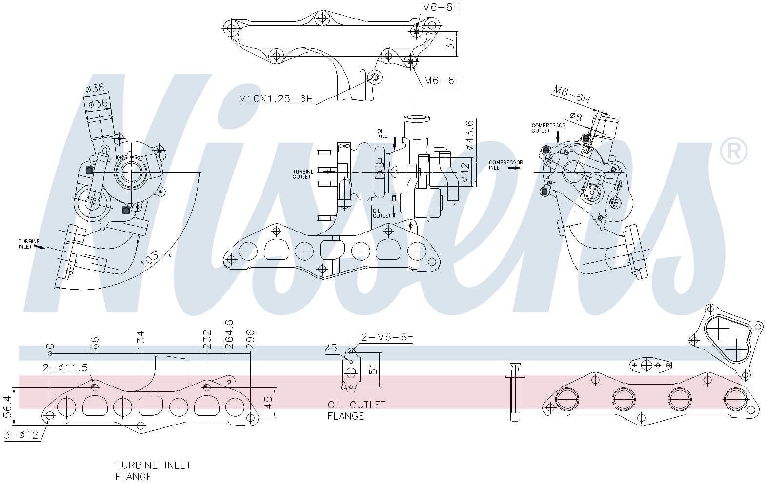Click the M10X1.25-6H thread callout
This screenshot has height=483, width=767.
[x=275, y=99]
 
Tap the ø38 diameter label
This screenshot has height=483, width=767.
[x=94, y=89]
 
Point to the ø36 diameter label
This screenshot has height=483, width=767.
[x=97, y=103]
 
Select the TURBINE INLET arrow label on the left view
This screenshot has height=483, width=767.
[x=29, y=244]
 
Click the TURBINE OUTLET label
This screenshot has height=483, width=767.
[x=302, y=174]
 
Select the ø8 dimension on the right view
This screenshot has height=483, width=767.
[x=576, y=117]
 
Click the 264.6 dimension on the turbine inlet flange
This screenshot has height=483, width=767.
[x=229, y=334]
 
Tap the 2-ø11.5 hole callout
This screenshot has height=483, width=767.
[x=65, y=368]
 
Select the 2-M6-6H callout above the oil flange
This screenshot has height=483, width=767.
[x=387, y=337]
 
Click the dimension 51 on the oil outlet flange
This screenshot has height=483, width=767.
[x=373, y=369]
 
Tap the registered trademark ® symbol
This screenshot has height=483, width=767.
[x=733, y=151]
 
